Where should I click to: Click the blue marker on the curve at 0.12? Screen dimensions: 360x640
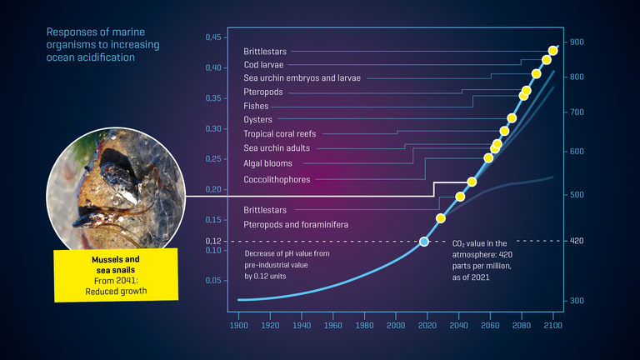(423, 241)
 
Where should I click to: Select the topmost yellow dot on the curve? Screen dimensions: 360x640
(553, 51)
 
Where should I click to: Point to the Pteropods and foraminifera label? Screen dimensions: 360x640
(296, 225)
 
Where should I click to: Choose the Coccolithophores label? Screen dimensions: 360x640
(277, 179)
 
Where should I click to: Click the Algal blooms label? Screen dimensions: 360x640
(267, 163)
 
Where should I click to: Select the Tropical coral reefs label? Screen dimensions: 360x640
(279, 133)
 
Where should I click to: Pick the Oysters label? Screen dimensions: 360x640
(257, 119)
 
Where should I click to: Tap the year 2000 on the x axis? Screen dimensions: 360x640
(396, 327)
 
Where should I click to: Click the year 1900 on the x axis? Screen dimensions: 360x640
(239, 327)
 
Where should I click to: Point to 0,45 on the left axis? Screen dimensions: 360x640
(213, 37)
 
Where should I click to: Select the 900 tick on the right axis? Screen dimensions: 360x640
(577, 42)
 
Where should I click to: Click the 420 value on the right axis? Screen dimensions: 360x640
(577, 241)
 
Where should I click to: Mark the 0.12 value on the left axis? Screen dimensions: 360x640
(213, 241)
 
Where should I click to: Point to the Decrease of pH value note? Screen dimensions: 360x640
(287, 263)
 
